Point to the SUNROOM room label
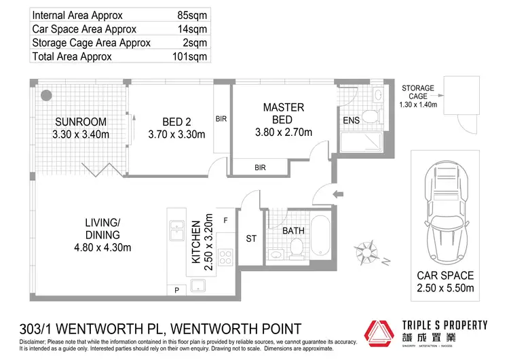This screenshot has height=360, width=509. (x=81, y=122)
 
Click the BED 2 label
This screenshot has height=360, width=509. (x=176, y=122)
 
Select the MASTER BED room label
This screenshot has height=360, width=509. (x=283, y=113)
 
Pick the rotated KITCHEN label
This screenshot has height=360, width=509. (x=196, y=242)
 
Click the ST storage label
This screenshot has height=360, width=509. (x=251, y=238)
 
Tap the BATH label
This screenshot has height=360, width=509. (x=293, y=231)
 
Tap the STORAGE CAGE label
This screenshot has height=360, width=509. (x=419, y=93)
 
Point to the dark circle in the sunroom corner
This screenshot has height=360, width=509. (x=47, y=96)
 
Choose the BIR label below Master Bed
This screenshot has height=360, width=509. (x=260, y=166)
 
